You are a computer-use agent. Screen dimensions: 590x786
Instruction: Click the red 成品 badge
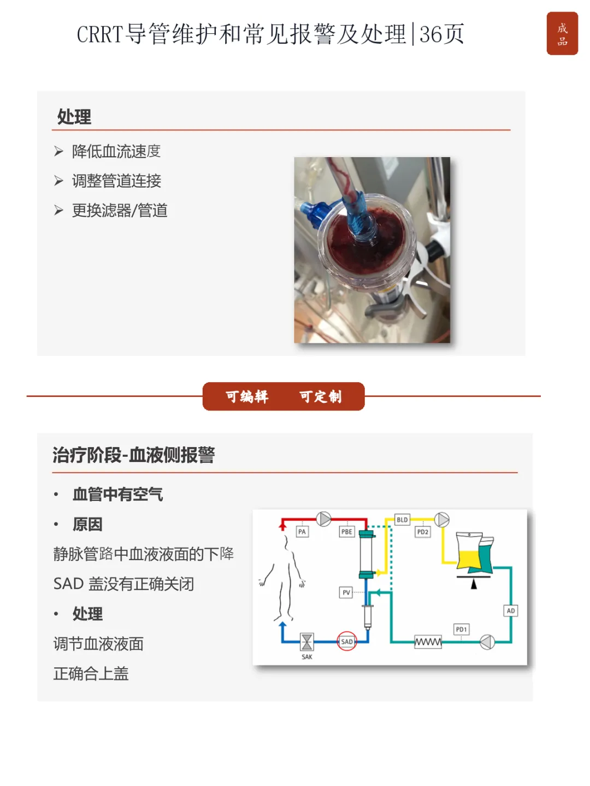[562, 33]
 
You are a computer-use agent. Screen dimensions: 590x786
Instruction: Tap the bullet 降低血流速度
[116, 151]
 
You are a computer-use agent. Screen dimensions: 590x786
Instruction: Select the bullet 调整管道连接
[116, 181]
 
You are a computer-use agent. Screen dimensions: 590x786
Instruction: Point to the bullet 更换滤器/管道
[120, 210]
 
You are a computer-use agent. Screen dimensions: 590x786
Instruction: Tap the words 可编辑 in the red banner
[247, 396]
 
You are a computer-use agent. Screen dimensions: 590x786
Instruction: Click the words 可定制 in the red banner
[320, 396]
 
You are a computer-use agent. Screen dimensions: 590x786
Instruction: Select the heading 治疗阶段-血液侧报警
[134, 455]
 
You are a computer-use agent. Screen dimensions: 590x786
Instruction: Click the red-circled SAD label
[346, 641]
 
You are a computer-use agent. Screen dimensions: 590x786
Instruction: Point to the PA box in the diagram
[302, 532]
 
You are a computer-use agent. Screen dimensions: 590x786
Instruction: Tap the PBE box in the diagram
[346, 532]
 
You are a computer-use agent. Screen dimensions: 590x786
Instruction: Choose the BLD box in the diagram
[402, 520]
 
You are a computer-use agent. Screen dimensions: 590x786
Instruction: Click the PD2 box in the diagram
[422, 532]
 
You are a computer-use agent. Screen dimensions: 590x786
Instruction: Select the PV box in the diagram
[346, 592]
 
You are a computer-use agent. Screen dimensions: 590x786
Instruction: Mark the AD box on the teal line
[510, 611]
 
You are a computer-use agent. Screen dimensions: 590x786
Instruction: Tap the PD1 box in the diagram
[461, 629]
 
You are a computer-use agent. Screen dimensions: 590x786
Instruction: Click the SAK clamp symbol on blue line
[306, 641]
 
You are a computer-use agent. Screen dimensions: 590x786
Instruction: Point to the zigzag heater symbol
[428, 641]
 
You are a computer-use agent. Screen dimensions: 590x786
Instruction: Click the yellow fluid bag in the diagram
[469, 550]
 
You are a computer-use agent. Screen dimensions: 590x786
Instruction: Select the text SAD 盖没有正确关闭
[123, 583]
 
